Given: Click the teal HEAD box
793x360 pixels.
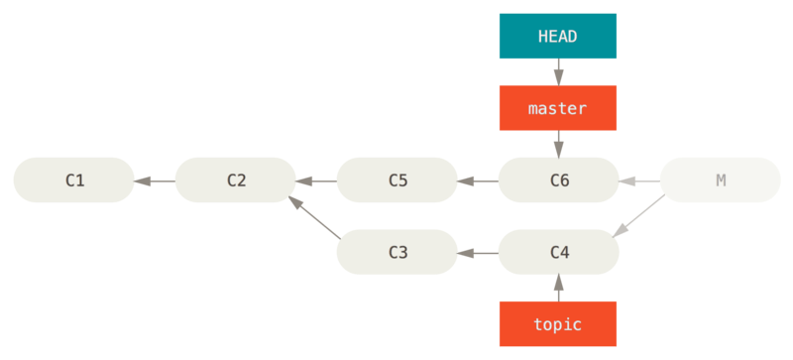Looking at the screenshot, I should pos(558,36).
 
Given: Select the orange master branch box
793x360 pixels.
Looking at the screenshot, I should pos(558,107).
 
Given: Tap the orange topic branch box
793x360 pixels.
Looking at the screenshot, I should pos(558,324).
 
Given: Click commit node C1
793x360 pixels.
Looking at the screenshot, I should pos(74,180).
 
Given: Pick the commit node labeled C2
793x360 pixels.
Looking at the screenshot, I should pos(236,180).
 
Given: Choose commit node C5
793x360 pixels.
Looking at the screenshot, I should pos(397,180).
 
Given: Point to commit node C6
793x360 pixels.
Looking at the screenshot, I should pos(558,180).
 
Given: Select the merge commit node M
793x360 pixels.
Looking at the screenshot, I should pos(720,180).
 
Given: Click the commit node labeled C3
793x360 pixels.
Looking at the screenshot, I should pos(397,252).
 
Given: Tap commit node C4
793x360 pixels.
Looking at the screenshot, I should pos(558,252).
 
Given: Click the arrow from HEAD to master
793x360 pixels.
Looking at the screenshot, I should pos(558,71).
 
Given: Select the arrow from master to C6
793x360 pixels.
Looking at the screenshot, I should pos(558,144).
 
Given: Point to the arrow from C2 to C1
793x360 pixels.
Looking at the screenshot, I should pos(155,180).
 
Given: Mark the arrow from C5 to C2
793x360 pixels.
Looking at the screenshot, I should pos(316,180).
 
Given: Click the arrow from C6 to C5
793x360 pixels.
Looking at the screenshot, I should pos(478,180).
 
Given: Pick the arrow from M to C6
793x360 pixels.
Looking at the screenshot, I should pos(639,180).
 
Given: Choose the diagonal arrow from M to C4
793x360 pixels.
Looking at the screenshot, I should pos(638,216).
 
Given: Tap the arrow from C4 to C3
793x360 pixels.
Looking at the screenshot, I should pos(478,252).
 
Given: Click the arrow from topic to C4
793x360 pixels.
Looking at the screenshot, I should pos(558,288).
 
